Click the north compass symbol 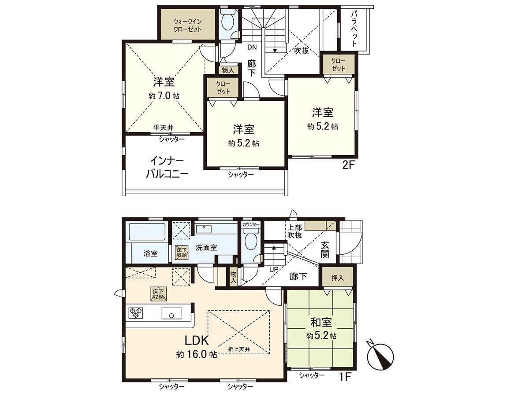[x=380, y=354]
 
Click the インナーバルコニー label [x=168, y=166]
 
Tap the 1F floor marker [x=346, y=378]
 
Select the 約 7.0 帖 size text [x=164, y=95]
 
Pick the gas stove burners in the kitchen [x=135, y=313]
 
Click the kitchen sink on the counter [x=171, y=313]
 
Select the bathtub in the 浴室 [x=147, y=233]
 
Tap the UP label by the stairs [x=274, y=269]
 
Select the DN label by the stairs [x=252, y=47]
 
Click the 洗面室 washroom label [x=206, y=248]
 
